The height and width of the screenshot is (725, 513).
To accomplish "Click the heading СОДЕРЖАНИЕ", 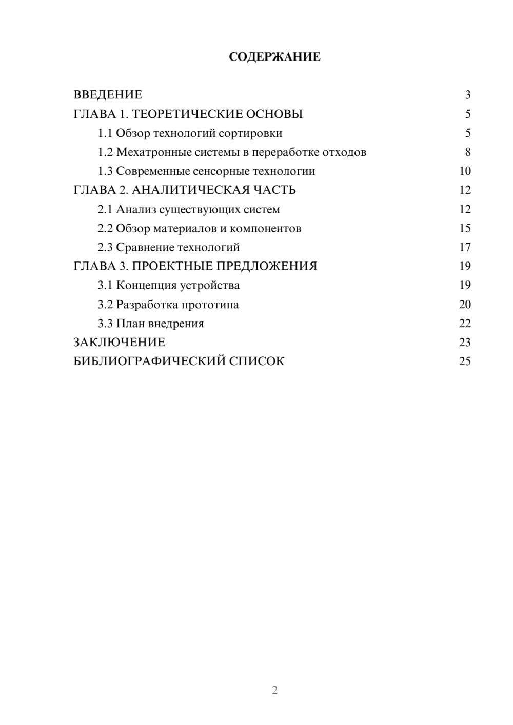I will pos(274,57).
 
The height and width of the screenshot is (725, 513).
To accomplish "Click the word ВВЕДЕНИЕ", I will pos(108,95).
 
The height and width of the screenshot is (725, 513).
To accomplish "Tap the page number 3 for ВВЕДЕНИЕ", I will pos(468,95).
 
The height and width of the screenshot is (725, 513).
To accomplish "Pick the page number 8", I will pos(468,152).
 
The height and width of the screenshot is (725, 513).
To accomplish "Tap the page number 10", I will pos(465,171).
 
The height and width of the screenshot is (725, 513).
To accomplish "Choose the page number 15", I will pos(465,228).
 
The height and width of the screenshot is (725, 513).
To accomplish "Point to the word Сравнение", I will pos(145,248).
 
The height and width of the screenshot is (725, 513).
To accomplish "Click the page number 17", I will pos(465,248).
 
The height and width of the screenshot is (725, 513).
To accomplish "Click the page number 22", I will pos(465,324).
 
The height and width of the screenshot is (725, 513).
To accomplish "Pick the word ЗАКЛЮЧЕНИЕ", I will pos(119,343).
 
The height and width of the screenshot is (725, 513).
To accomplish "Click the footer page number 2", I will pos(274,690).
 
